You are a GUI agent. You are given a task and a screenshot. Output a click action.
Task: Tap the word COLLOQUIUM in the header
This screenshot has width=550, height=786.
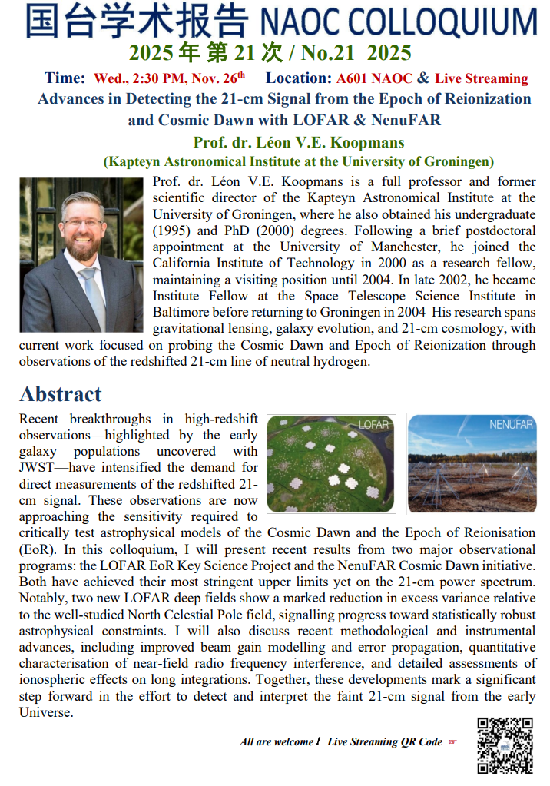pyautogui.click(x=453, y=22)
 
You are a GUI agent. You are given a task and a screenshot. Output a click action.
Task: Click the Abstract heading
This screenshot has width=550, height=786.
pyautogui.click(x=61, y=393)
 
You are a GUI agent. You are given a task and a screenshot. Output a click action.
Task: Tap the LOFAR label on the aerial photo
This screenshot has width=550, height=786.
pyautogui.click(x=374, y=424)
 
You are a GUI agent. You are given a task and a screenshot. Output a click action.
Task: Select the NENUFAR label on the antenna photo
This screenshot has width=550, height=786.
pyautogui.click(x=511, y=424)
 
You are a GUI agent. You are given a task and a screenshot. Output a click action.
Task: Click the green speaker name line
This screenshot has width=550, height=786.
pyautogui.click(x=299, y=142)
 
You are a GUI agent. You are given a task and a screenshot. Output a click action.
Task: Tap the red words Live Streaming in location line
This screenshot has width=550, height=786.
pyautogui.click(x=482, y=78)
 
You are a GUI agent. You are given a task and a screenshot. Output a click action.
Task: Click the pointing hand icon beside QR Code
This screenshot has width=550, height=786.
pyautogui.click(x=452, y=741)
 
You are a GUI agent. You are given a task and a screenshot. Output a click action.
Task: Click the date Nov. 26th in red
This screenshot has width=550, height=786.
pyautogui.click(x=224, y=78)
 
